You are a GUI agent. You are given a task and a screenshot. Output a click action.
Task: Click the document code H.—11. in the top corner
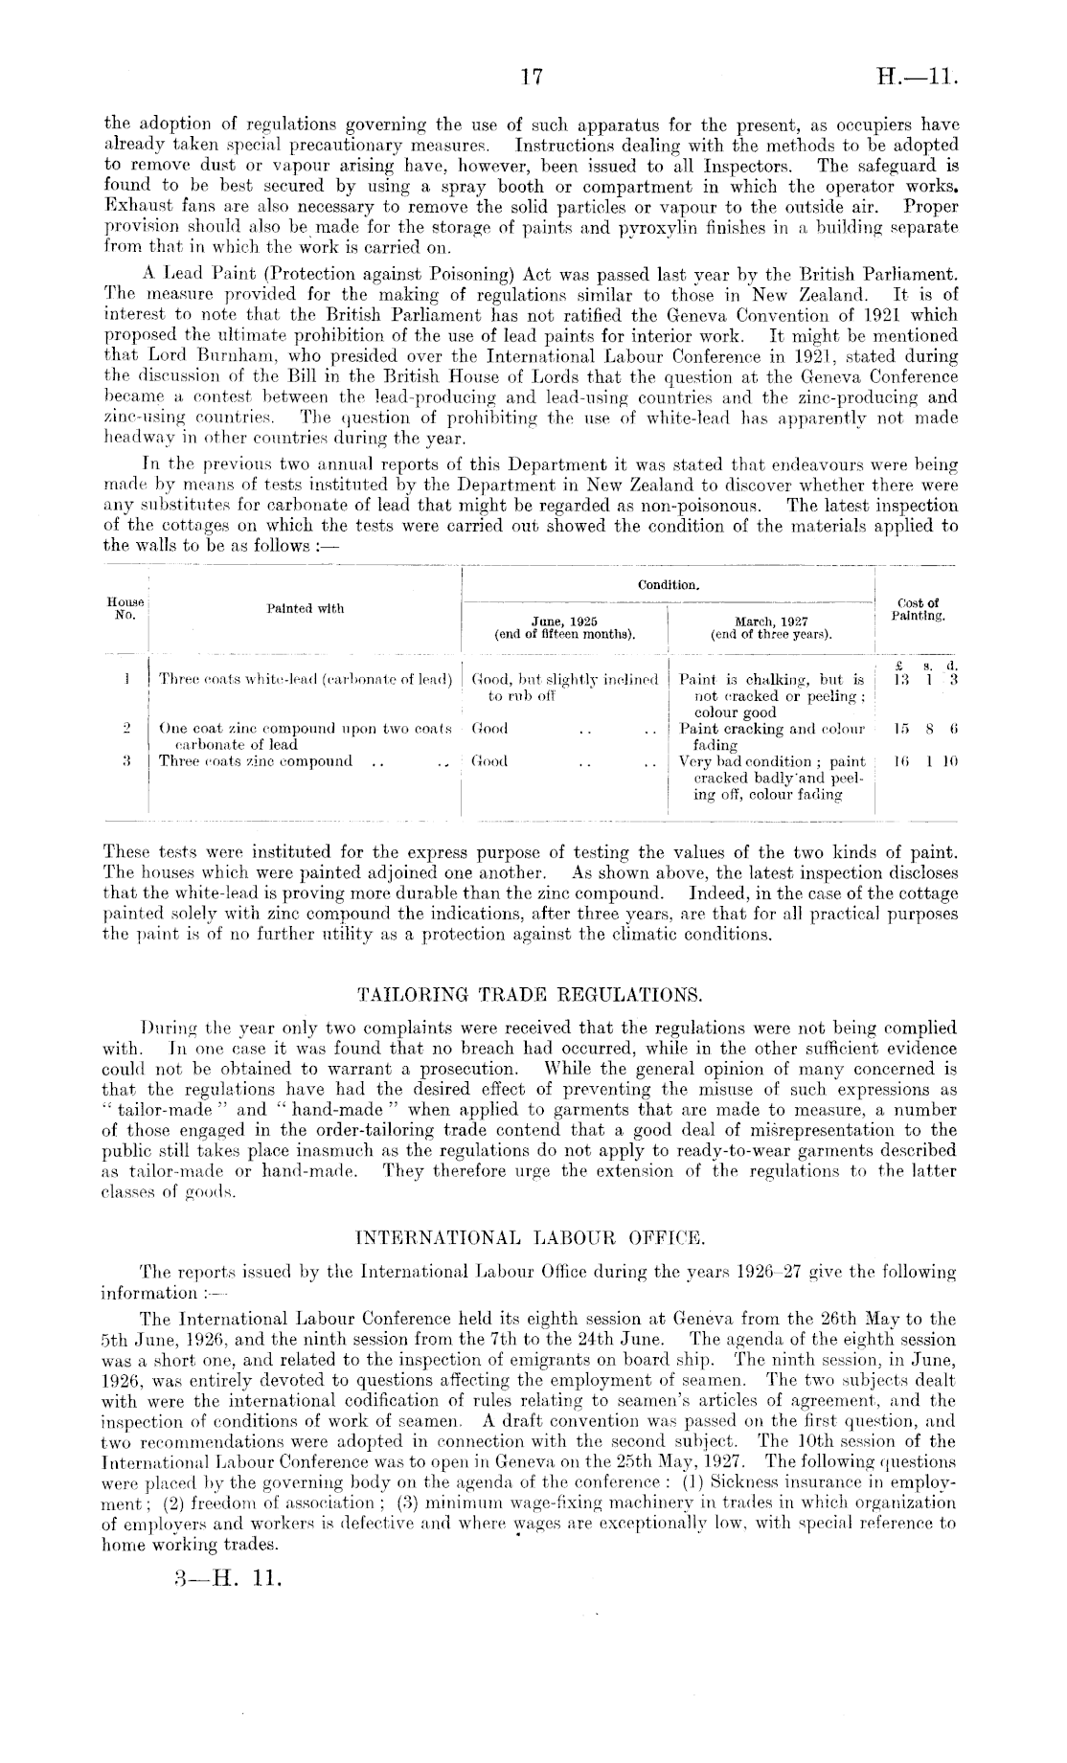point(917,80)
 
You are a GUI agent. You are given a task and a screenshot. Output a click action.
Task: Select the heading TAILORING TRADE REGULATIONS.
point(531,987)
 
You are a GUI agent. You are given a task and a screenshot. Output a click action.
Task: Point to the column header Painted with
point(305,608)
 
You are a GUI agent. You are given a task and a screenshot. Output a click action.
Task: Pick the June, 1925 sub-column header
point(564,626)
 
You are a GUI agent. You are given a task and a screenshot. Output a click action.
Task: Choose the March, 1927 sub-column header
point(771,626)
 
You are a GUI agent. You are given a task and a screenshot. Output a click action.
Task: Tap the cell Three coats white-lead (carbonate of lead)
point(305,679)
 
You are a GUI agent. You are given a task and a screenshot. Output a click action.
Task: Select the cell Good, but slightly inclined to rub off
point(564,687)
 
